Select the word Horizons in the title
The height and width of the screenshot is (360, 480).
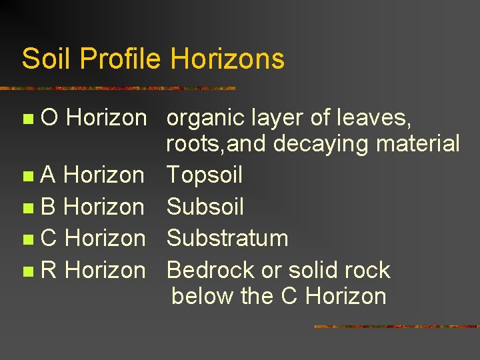227,59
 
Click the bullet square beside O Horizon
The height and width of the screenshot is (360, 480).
27,119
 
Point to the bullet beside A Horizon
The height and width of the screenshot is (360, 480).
27,177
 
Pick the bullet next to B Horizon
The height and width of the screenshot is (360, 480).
27,208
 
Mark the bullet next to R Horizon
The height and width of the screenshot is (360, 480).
27,271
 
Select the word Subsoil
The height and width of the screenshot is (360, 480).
205,207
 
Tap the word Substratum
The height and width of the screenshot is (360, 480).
227,238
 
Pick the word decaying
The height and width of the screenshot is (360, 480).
325,144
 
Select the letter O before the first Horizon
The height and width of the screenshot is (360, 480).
49,118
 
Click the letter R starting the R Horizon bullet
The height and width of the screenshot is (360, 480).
49,270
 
